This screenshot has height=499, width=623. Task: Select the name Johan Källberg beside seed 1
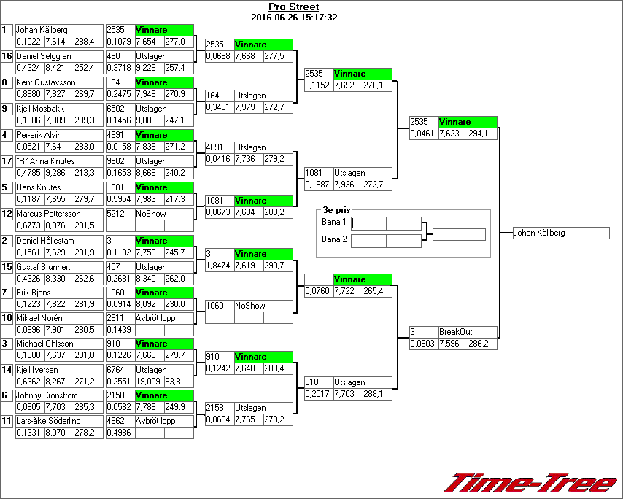point(42,30)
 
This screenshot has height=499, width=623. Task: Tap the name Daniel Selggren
point(44,56)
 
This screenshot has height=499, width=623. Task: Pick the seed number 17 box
point(7,161)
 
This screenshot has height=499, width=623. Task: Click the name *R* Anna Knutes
point(45,161)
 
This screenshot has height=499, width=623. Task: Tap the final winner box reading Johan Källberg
point(560,233)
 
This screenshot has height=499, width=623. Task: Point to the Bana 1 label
point(333,221)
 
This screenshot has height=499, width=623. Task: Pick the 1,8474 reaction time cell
point(219,266)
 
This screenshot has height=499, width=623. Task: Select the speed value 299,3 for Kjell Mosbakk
point(85,120)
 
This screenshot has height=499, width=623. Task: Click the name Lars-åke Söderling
point(48,421)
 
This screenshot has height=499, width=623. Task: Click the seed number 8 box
point(7,82)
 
